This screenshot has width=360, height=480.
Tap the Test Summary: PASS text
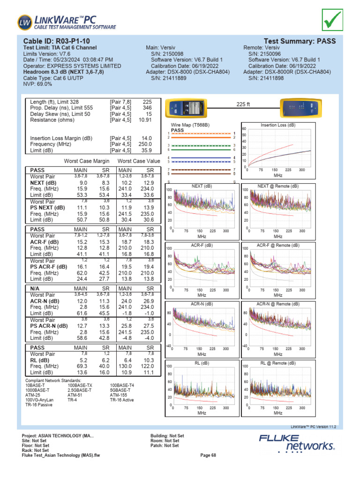tap(300, 41)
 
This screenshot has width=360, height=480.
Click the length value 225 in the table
tap(147, 102)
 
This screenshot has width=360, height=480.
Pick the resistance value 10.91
tap(145, 120)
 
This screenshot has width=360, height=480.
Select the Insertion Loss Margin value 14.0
tap(147, 138)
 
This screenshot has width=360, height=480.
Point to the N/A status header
tap(37, 288)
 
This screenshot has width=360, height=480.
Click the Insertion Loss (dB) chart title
tap(278, 125)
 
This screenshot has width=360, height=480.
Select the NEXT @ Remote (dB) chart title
tap(278, 186)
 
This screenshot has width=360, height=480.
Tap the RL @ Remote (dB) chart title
tap(278, 363)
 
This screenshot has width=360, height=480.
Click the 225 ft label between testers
tap(244, 104)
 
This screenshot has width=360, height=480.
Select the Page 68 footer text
tap(208, 455)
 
